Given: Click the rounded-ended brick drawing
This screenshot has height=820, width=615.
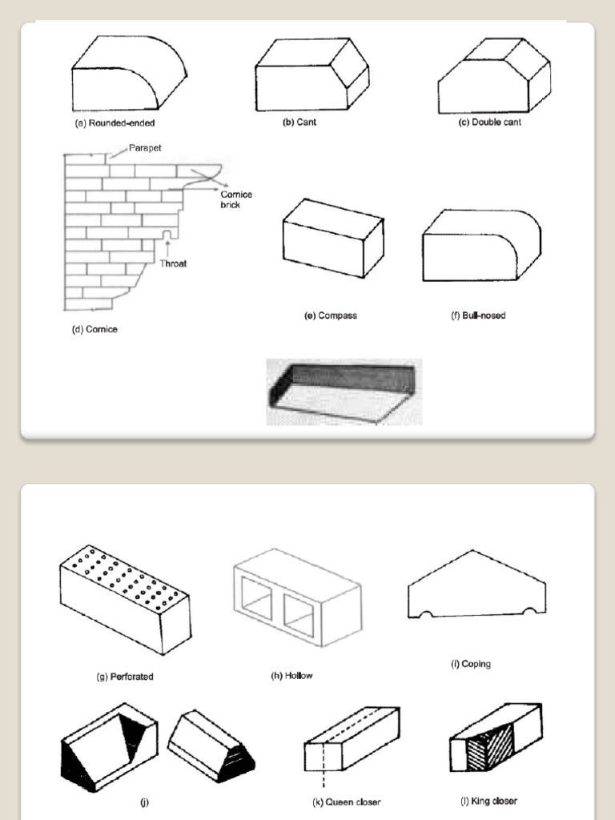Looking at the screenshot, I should pyautogui.click(x=128, y=77).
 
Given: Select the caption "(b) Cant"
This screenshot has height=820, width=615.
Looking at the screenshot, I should pyautogui.click(x=299, y=122).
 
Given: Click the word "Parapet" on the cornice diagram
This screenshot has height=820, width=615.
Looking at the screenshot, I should pyautogui.click(x=146, y=149).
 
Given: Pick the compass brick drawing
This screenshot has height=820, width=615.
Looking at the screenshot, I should pyautogui.click(x=332, y=239).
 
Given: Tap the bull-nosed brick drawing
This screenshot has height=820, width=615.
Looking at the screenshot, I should pyautogui.click(x=480, y=246).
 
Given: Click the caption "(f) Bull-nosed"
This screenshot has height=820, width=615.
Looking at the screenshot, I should pyautogui.click(x=478, y=316).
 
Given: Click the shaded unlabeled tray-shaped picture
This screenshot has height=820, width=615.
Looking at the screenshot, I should pyautogui.click(x=344, y=392).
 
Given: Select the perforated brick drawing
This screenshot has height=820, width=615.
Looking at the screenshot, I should pyautogui.click(x=124, y=599).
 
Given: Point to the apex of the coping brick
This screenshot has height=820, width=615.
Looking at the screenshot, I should pyautogui.click(x=472, y=552).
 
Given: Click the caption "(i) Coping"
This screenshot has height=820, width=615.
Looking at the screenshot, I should pyautogui.click(x=471, y=664).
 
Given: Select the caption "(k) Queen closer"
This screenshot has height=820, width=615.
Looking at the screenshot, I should pyautogui.click(x=347, y=802).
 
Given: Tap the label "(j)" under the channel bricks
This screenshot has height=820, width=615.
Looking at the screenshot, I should pyautogui.click(x=145, y=801).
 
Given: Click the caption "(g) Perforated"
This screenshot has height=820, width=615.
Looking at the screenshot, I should pyautogui.click(x=125, y=677).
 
